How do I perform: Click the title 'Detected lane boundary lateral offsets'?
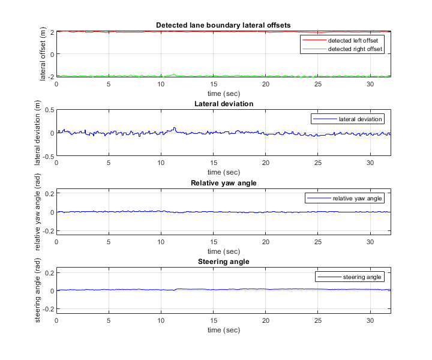[223, 25]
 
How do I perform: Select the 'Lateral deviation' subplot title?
[223, 104]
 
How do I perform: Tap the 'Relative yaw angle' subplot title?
[223, 182]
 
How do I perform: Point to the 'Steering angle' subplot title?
[223, 262]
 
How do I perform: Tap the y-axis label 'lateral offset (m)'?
[44, 54]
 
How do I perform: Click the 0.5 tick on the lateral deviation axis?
[49, 110]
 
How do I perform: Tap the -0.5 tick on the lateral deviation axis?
[47, 155]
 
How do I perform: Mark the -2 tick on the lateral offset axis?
[51, 77]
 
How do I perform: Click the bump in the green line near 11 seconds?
[174, 74]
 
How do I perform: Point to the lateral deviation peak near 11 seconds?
[174, 128]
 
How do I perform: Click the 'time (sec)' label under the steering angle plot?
[223, 330]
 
